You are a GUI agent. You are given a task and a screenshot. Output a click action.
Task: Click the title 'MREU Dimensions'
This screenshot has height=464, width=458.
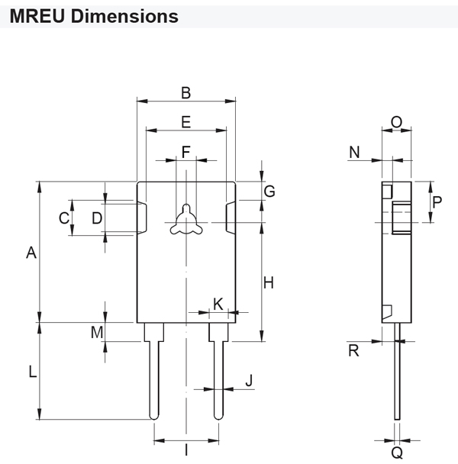[x=94, y=15]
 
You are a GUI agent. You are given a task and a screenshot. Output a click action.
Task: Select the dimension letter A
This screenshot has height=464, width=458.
[x=31, y=253]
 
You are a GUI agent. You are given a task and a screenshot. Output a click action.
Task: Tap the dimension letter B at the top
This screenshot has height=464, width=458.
[x=185, y=93]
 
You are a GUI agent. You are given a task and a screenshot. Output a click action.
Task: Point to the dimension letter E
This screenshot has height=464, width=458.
[x=185, y=122]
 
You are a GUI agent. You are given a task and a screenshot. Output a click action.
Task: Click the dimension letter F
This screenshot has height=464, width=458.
[x=185, y=151]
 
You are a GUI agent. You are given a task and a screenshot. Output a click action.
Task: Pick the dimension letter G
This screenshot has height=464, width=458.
[x=269, y=191]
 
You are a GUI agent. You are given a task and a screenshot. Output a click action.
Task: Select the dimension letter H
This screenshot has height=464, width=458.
[x=269, y=283]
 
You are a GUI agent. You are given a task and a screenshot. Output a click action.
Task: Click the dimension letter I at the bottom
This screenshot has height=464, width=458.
[x=186, y=451]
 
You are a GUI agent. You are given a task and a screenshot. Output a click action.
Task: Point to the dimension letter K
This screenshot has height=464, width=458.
[x=218, y=304]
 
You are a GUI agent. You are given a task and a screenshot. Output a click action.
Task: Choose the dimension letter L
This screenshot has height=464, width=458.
[x=31, y=372]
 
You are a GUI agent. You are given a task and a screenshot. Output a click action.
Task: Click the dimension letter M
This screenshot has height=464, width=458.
[x=97, y=332]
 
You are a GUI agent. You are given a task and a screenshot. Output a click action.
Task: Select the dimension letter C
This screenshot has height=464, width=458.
[x=64, y=218]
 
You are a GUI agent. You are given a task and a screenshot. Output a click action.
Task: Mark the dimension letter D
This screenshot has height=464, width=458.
[x=96, y=218]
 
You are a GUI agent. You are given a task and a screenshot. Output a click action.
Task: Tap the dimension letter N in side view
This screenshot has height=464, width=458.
[x=355, y=152]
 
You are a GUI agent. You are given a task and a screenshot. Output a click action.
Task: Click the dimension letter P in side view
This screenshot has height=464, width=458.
[x=437, y=202]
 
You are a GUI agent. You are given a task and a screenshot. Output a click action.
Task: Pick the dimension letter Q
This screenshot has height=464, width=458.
[x=397, y=453]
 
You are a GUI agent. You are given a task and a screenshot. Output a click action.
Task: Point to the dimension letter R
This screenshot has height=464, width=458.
[x=353, y=352]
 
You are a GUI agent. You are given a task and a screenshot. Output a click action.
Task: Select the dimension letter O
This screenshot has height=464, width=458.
[x=396, y=122]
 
